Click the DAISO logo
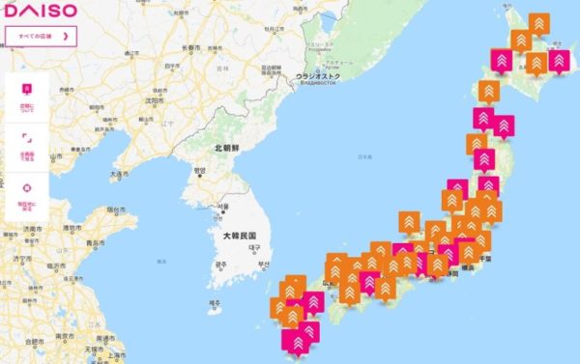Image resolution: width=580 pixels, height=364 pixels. (40, 13)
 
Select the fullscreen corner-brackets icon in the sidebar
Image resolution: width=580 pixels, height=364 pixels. (26, 139)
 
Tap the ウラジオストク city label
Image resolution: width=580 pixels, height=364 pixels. (318, 74)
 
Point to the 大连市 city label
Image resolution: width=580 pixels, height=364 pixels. (118, 175)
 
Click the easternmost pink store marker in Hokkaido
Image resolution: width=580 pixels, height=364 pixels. (559, 60)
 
